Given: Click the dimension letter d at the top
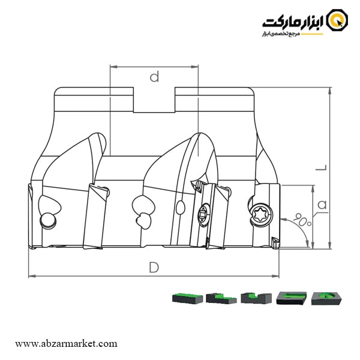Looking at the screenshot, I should click(x=154, y=76).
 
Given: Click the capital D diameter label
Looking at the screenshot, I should click(x=154, y=268).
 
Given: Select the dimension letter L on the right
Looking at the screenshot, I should click(x=322, y=169).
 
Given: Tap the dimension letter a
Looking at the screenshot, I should click(x=322, y=205).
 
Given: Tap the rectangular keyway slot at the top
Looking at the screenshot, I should click(x=154, y=100).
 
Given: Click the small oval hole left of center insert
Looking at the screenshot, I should click(x=180, y=208).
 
